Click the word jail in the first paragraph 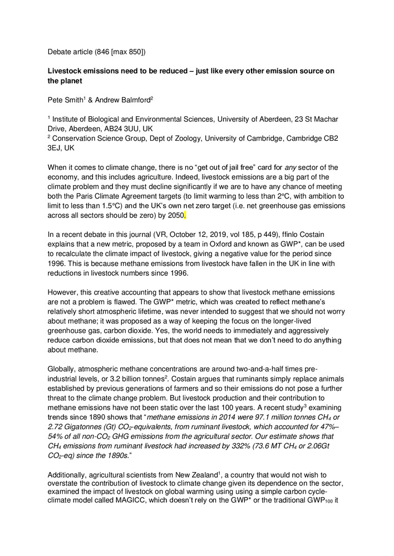pyautogui.click(x=219, y=168)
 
